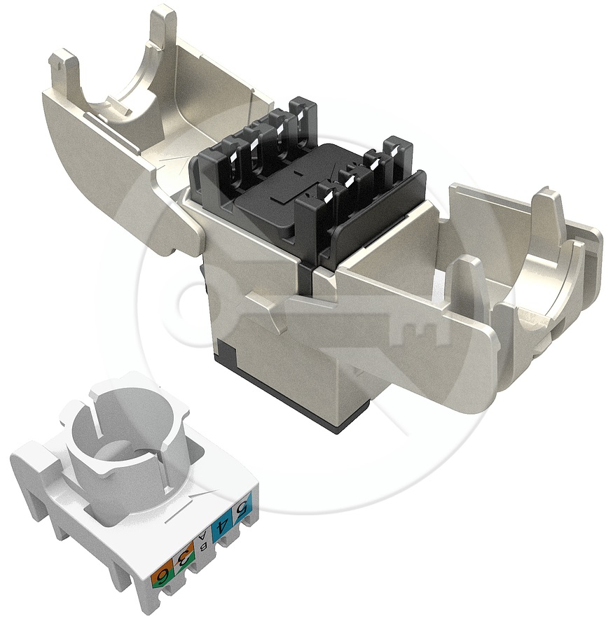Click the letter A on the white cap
point(204,537)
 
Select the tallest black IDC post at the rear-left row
point(303,127)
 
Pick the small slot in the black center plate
point(296,173)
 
